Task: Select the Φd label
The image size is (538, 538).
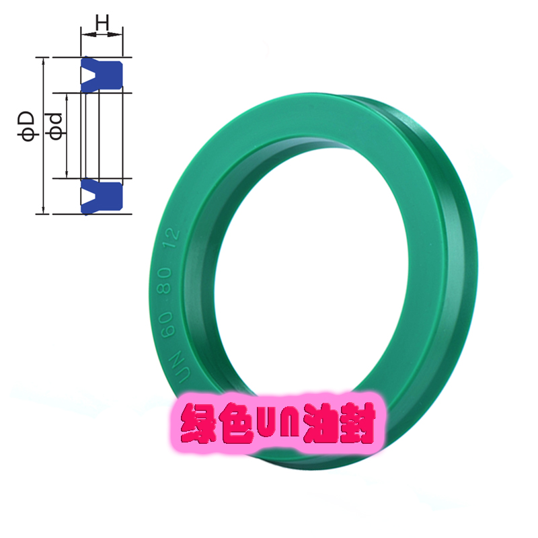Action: click(56, 125)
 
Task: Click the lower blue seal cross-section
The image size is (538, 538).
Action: click(102, 197)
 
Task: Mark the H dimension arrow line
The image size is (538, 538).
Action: click(102, 34)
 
